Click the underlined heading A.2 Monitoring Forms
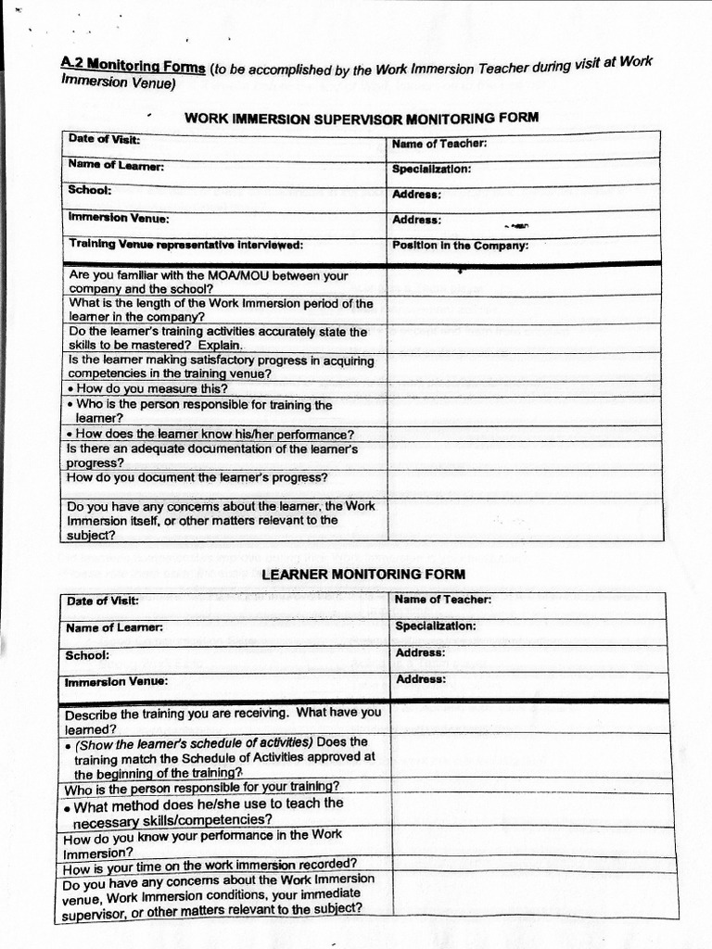(x=133, y=66)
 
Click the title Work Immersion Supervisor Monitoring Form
(x=362, y=118)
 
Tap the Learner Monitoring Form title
(x=363, y=575)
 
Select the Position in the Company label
(x=460, y=246)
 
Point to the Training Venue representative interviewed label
(x=185, y=245)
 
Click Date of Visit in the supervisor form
(x=104, y=139)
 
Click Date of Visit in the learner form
(x=102, y=601)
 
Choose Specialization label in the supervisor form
(x=431, y=170)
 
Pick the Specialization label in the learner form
(x=436, y=626)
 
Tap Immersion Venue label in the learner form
(x=116, y=681)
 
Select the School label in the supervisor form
(x=90, y=190)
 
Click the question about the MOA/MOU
(x=208, y=282)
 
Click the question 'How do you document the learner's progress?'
(x=197, y=478)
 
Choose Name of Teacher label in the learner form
(x=443, y=600)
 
